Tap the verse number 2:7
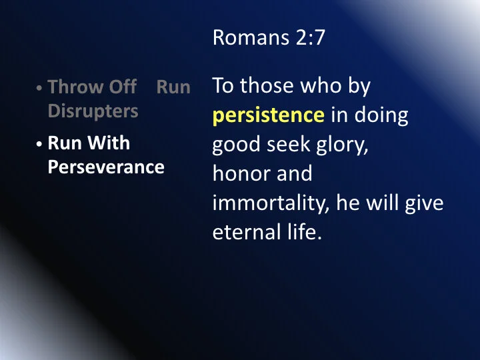[x=309, y=38]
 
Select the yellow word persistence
[x=268, y=116]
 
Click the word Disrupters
[x=93, y=110]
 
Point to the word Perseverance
[x=106, y=167]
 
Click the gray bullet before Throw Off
[x=41, y=89]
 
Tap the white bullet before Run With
[x=41, y=145]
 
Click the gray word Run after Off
[x=173, y=87]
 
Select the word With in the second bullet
[x=113, y=143]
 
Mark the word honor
[x=239, y=174]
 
